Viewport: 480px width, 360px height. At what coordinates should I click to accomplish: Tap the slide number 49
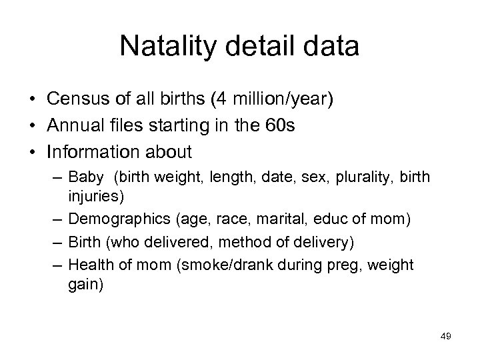pos(446,337)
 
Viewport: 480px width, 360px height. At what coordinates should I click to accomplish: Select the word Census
pos(77,100)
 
